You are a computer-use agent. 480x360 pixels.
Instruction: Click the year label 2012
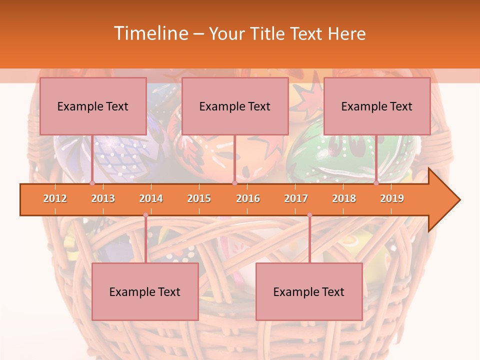pos(55,198)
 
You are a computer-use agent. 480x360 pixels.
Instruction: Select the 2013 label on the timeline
pos(103,198)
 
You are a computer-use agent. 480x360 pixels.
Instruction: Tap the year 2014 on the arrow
pos(151,198)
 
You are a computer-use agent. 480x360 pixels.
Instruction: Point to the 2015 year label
pos(199,198)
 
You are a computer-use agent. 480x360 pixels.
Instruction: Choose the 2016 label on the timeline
pos(248,198)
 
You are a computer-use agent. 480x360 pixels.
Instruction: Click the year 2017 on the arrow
pos(296,198)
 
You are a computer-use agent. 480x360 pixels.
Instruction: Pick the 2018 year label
pos(344,198)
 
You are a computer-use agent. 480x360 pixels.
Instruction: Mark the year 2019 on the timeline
pos(392,198)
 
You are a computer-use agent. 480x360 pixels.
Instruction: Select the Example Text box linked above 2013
pos(93,106)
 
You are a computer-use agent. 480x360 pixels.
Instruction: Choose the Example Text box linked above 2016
pos(235,106)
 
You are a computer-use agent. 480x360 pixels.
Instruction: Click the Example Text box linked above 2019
pos(377,106)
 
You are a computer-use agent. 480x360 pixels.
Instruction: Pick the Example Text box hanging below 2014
pos(145,291)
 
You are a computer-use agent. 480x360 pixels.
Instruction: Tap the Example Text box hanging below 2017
pos(309,291)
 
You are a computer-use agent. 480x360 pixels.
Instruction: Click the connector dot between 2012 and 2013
pos(92,183)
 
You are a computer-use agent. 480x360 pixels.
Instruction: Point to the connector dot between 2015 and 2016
pos(234,183)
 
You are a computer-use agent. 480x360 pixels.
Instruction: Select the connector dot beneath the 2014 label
pos(145,215)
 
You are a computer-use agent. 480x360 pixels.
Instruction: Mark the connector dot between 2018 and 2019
pos(376,183)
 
